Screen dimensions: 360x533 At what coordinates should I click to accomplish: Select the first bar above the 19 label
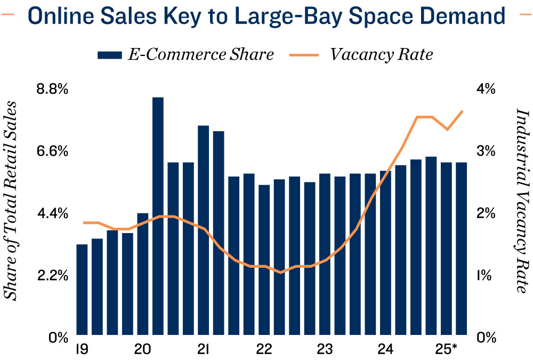[x=82, y=291]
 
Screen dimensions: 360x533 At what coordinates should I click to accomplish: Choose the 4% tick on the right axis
[x=486, y=89]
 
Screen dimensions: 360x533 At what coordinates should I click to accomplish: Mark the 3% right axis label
[x=486, y=151]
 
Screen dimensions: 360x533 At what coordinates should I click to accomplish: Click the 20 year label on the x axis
[x=142, y=350]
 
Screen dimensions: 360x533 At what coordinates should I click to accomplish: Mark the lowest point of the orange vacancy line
[x=280, y=272]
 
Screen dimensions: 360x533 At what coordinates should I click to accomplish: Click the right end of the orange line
[x=462, y=111]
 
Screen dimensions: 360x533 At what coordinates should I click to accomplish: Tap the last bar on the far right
[x=461, y=250]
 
